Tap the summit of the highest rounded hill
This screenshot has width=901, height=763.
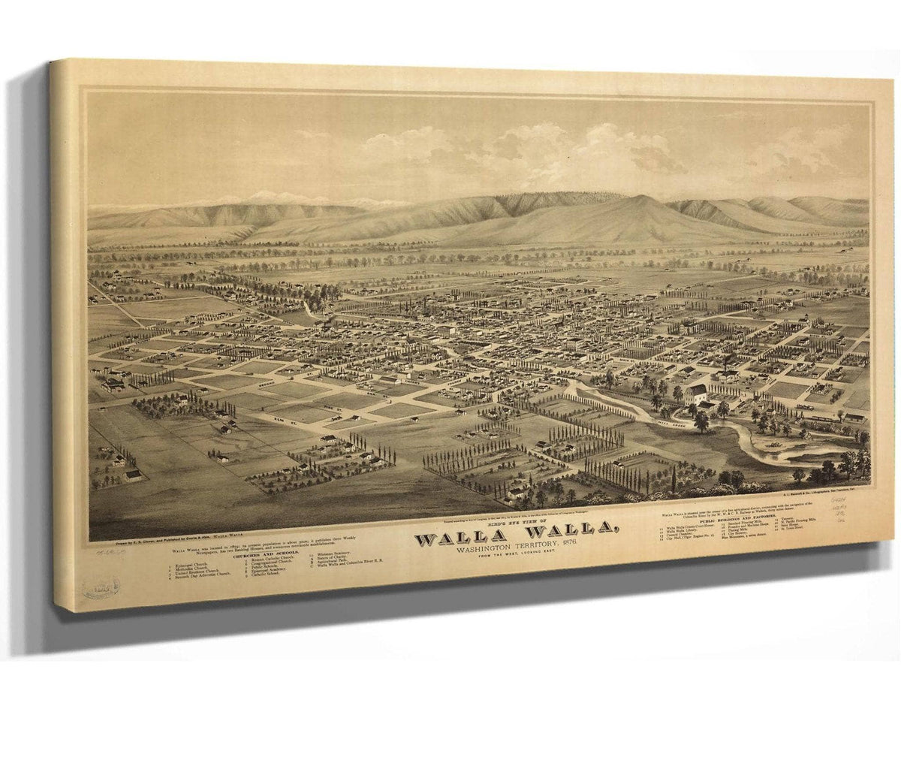pyautogui.click(x=639, y=198)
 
